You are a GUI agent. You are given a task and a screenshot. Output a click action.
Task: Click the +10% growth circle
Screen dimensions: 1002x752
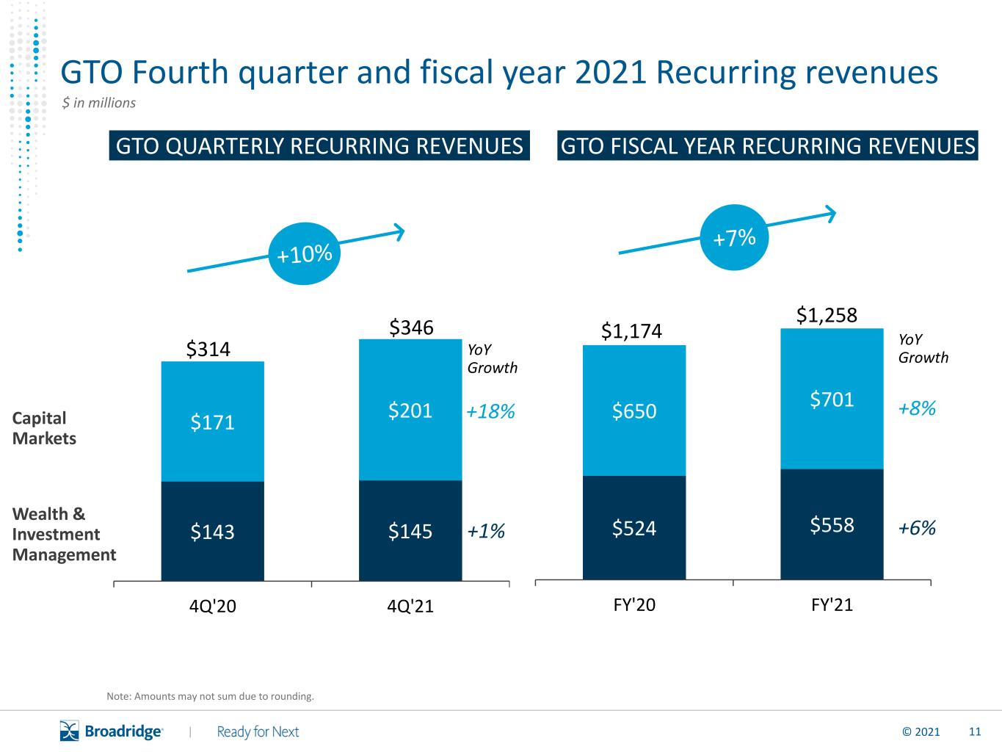point(304,253)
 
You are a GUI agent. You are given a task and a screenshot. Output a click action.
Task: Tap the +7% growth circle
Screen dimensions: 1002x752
point(734,237)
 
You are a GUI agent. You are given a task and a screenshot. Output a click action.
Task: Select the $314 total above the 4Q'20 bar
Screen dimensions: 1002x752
point(208,350)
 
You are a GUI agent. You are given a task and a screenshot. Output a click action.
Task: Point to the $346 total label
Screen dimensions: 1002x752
point(411,328)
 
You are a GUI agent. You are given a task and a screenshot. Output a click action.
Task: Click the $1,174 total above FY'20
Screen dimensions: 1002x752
point(631,331)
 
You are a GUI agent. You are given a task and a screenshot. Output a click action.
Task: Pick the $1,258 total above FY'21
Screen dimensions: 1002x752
point(827,315)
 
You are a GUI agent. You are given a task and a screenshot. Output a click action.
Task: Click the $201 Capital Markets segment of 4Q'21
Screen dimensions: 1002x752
point(410,410)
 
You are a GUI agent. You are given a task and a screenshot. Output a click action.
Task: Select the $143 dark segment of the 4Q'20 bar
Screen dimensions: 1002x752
point(213,531)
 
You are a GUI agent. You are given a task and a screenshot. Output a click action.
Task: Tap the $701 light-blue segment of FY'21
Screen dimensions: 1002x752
point(832,399)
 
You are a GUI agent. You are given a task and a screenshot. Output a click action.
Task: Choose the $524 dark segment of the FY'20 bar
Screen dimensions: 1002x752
point(634,528)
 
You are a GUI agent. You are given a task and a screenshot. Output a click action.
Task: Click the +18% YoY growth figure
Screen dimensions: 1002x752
point(490,411)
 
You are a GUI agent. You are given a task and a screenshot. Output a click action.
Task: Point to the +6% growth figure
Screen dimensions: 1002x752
point(917,528)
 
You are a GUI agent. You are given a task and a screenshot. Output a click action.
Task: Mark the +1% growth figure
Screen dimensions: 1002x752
point(486,531)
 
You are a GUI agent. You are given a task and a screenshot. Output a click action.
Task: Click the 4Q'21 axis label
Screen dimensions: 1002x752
point(410,606)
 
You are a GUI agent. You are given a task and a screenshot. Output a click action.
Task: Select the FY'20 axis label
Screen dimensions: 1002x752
point(634,604)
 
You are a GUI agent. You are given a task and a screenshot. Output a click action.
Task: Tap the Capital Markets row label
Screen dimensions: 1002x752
point(44,428)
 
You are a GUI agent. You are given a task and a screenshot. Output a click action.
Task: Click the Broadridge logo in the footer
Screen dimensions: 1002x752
point(111,731)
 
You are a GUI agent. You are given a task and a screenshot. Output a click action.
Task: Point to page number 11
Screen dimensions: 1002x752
point(975,732)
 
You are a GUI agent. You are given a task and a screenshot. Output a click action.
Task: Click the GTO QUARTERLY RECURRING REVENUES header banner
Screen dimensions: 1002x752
point(319,145)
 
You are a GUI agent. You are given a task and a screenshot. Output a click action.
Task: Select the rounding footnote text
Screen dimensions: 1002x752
point(211,696)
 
